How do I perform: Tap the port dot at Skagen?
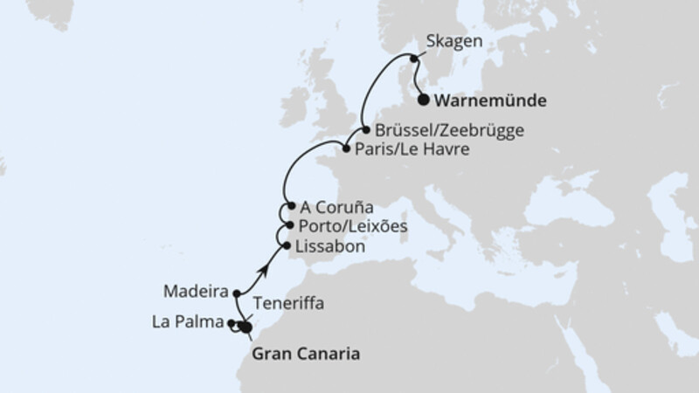pos(413,59)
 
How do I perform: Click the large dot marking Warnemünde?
pos(424,100)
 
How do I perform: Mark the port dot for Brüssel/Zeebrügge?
pos(366,130)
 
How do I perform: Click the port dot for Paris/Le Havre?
pos(347,149)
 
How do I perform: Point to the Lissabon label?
pos(330,247)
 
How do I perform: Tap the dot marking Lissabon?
pos(287,246)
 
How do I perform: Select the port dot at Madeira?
pos(237,293)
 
